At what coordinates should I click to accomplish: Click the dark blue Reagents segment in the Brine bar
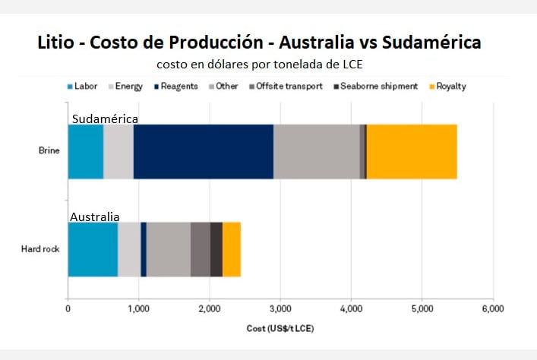[x=203, y=151]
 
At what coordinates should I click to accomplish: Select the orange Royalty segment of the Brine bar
[x=412, y=151]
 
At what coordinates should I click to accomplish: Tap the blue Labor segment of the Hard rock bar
[x=93, y=249]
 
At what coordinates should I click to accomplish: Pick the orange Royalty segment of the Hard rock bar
[x=232, y=249]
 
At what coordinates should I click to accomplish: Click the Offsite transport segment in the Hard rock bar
[x=200, y=249]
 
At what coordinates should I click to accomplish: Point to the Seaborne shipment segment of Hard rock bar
[x=216, y=249]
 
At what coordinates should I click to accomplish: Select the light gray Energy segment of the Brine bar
[x=118, y=151]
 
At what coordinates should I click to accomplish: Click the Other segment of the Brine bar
[x=316, y=151]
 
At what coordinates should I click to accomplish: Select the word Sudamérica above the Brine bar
[x=105, y=119]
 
